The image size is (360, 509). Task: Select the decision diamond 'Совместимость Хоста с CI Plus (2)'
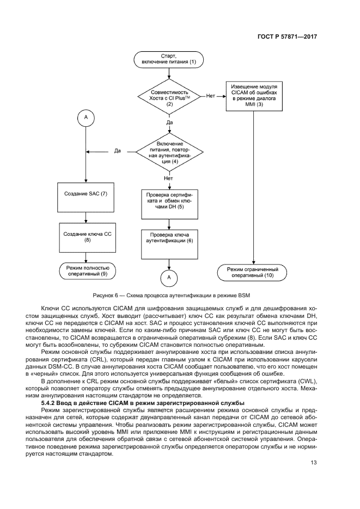169,96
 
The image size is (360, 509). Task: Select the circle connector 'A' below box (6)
169,278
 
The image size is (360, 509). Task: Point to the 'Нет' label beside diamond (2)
211,96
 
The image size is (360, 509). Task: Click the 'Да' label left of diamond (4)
118,151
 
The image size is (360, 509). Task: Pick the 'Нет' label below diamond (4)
169,178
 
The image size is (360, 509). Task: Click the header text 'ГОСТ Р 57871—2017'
288,37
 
